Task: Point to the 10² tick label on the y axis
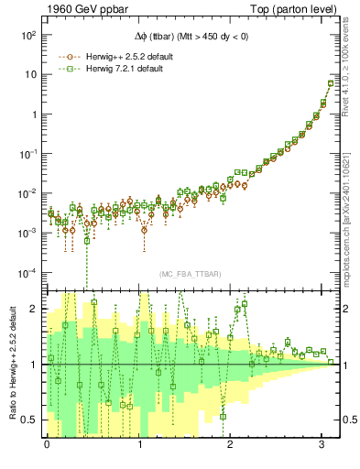27,35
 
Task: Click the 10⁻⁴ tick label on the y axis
27,273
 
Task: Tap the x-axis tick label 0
47,444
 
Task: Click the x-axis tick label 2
233,444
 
